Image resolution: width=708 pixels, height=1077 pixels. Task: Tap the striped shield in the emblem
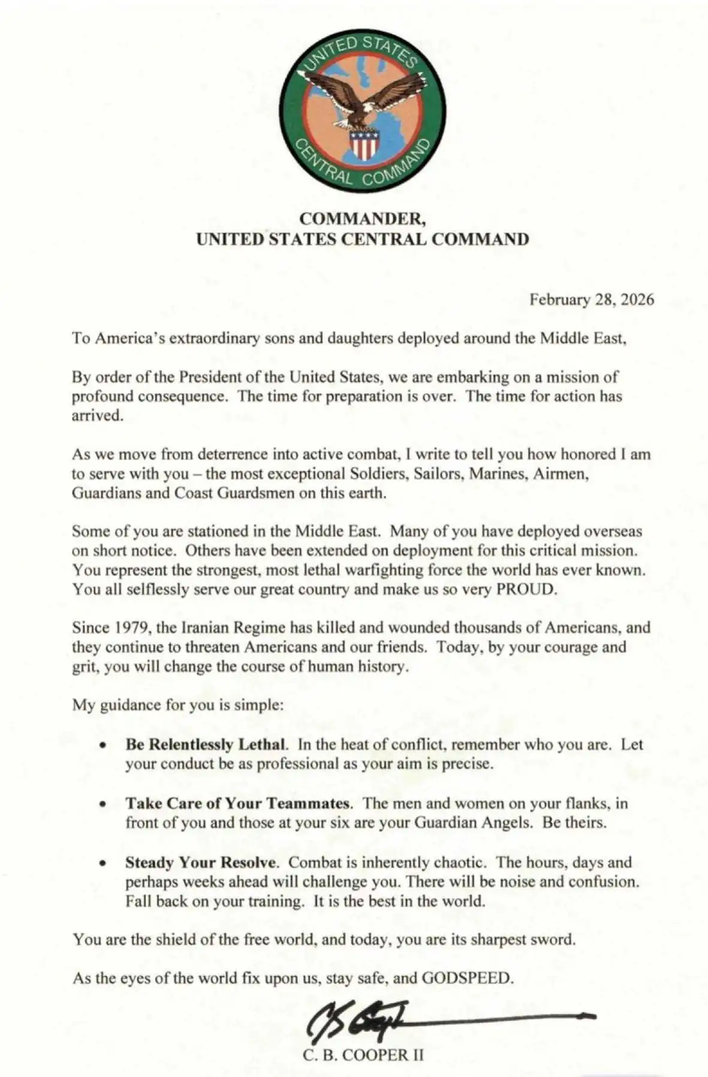tap(363, 144)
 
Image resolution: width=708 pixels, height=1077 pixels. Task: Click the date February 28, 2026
tap(591, 300)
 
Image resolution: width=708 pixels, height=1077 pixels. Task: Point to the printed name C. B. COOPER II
tap(363, 1055)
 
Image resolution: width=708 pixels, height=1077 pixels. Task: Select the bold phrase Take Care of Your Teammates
tap(238, 803)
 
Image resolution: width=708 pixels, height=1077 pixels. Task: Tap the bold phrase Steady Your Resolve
tap(201, 862)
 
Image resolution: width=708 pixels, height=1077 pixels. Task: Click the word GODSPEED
tap(467, 978)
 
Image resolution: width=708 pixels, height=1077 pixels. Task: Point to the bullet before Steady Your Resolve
tap(104, 864)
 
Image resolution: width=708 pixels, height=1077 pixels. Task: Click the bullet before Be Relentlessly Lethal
tap(104, 746)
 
